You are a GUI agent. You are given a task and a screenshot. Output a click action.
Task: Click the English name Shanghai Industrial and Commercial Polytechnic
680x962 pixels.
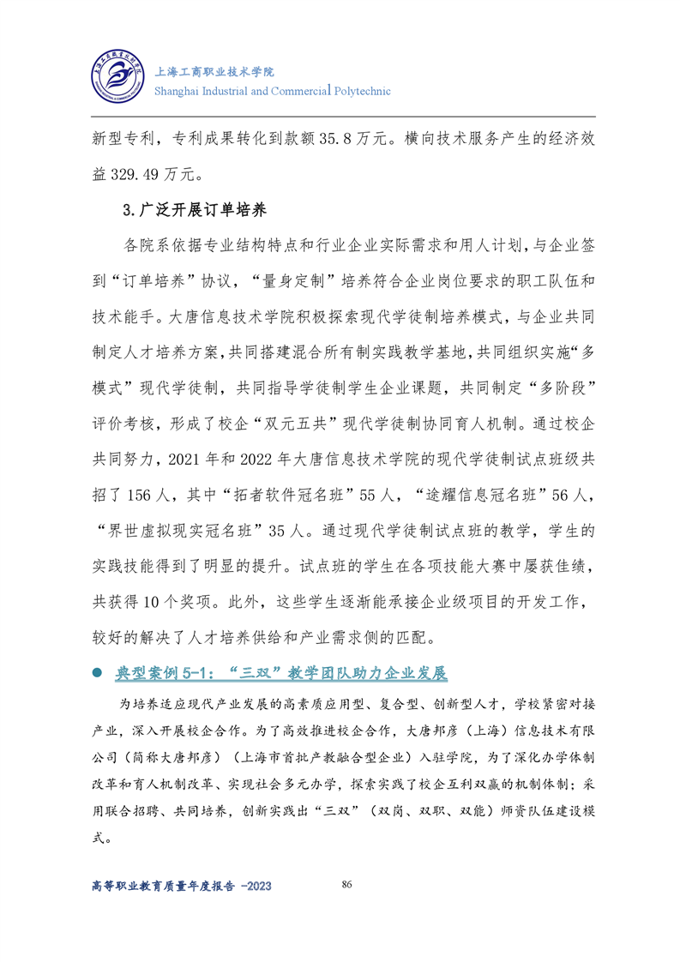click(x=272, y=91)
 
